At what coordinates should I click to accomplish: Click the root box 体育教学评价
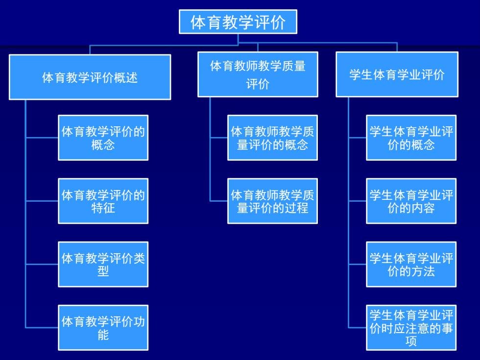pyautogui.click(x=238, y=22)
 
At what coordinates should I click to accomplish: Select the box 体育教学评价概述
pyautogui.click(x=90, y=77)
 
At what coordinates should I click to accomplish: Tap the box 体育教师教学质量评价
pyautogui.click(x=258, y=74)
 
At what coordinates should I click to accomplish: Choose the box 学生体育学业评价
pyautogui.click(x=397, y=74)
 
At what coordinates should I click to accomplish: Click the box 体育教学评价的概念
pyautogui.click(x=103, y=138)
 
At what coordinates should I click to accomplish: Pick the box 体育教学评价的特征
pyautogui.click(x=103, y=201)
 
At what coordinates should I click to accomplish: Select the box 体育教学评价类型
pyautogui.click(x=103, y=264)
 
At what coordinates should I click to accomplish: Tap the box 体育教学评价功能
pyautogui.click(x=103, y=328)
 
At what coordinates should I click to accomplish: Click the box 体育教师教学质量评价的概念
pyautogui.click(x=272, y=138)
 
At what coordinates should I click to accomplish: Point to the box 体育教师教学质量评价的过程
pyautogui.click(x=272, y=201)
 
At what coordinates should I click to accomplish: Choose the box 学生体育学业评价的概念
pyautogui.click(x=411, y=138)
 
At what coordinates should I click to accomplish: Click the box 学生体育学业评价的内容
pyautogui.click(x=411, y=201)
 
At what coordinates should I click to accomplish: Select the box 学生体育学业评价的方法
pyautogui.click(x=411, y=264)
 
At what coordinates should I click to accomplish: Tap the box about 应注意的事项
pyautogui.click(x=411, y=328)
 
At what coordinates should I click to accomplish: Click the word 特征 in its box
pyautogui.click(x=103, y=208)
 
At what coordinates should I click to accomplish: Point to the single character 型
pyautogui.click(x=103, y=271)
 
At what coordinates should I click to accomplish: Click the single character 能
pyautogui.click(x=103, y=335)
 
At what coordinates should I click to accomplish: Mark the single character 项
pyautogui.click(x=411, y=341)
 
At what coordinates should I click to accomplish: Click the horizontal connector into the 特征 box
pyautogui.click(x=42, y=201)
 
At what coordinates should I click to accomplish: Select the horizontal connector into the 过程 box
pyautogui.click(x=218, y=201)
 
